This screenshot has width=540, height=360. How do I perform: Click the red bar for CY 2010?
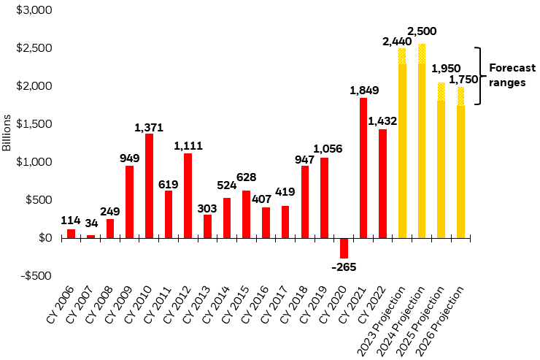coord(149,185)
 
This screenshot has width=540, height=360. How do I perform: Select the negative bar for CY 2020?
coord(344,248)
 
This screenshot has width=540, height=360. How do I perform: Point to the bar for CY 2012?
coord(188,195)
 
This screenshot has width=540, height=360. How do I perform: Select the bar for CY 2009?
coord(129,202)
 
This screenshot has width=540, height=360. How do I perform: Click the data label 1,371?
coord(149,128)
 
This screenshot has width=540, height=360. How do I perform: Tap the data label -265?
coord(344,267)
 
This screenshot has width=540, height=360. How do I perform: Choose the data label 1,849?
coord(363,91)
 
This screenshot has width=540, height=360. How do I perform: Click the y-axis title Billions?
coord(7,132)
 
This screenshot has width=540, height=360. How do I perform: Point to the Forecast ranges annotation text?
coord(508,75)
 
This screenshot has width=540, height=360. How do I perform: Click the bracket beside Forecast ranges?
coord(479,76)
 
